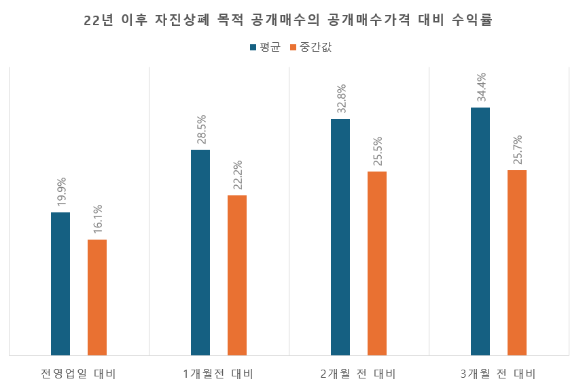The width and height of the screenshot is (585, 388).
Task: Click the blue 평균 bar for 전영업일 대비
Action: [x=60, y=283]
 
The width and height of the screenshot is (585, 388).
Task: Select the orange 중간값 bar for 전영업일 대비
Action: [x=97, y=297]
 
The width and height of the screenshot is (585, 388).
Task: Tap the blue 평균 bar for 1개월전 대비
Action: [x=200, y=252]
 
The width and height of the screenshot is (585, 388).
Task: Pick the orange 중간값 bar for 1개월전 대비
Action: [x=237, y=275]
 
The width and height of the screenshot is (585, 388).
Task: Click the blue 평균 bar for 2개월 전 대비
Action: [x=340, y=237]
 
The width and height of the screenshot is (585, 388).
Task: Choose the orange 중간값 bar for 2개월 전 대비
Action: [x=377, y=263]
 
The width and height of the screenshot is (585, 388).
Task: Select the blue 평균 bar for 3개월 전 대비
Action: [x=480, y=231]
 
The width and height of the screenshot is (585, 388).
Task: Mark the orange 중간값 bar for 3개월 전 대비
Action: [x=517, y=262]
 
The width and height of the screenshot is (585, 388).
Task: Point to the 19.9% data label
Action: [x=61, y=192]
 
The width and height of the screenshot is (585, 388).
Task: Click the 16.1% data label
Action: [x=98, y=219]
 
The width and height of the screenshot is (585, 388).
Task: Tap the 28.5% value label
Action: [x=201, y=129]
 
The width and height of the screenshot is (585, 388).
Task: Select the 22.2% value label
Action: [x=238, y=175]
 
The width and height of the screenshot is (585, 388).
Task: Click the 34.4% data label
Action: [x=481, y=87]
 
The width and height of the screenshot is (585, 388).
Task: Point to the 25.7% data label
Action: [x=518, y=150]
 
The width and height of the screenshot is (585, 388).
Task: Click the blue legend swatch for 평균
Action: [x=253, y=48]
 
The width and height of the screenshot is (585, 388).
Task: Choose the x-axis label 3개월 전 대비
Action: [x=498, y=374]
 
